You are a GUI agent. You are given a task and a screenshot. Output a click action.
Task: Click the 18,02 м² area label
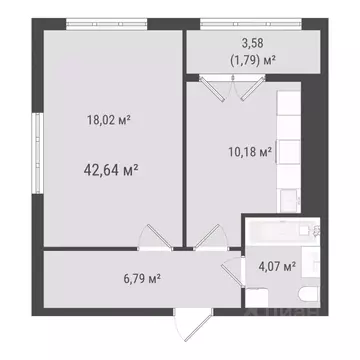(x=110, y=119)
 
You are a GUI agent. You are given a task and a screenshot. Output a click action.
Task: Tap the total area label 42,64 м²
(x=110, y=169)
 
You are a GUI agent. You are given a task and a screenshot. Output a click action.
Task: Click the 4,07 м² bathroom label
(x=276, y=266)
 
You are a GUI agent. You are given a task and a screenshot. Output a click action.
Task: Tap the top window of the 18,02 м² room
(x=109, y=22)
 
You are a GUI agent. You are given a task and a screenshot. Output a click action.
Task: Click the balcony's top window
(x=257, y=22)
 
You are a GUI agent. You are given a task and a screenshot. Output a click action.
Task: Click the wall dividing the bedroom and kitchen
(x=184, y=150)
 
